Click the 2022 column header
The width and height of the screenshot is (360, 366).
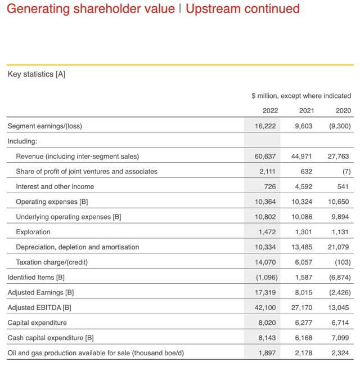(270, 110)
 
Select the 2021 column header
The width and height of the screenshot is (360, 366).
(307, 110)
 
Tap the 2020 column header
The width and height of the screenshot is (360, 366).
(343, 110)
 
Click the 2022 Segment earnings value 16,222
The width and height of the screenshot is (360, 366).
(265, 126)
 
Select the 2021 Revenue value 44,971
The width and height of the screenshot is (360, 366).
(303, 156)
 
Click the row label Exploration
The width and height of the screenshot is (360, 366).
(33, 232)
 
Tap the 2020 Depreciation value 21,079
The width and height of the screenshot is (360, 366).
(339, 247)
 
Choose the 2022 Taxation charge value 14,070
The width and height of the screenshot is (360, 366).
(265, 262)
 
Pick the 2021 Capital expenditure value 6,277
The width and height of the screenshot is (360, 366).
(304, 323)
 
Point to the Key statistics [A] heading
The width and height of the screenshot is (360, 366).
(37, 74)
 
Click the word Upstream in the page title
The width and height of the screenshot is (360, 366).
(211, 9)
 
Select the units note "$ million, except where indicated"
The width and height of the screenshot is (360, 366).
(301, 96)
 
